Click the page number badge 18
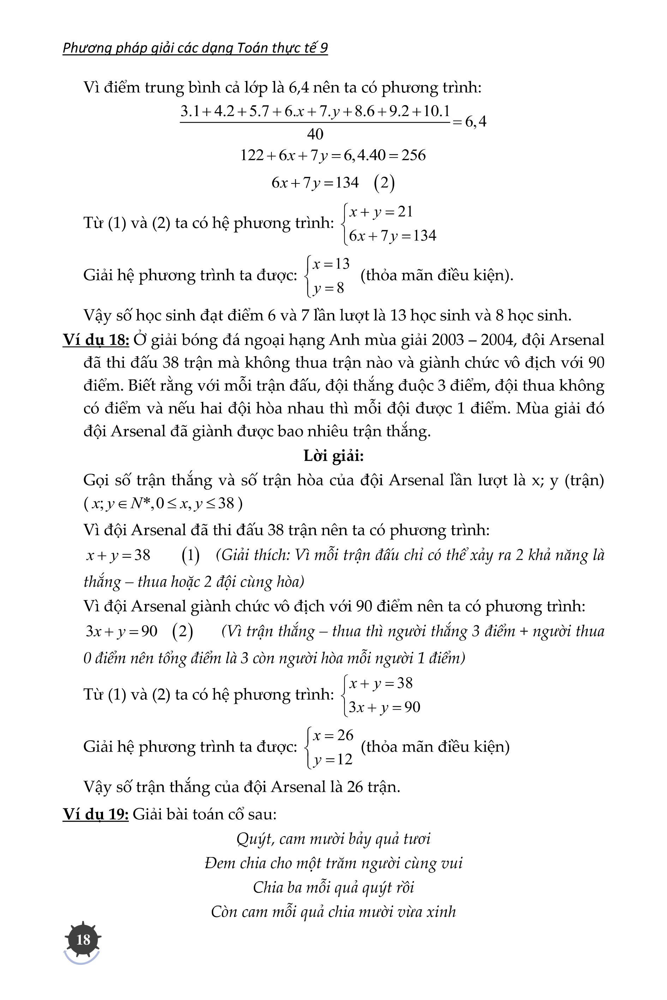click(83, 939)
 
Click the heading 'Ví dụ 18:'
click(96, 340)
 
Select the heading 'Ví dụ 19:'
click(96, 814)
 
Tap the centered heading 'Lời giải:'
click(333, 456)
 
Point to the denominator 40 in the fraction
click(315, 134)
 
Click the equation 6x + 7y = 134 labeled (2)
click(315, 183)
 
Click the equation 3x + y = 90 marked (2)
click(122, 631)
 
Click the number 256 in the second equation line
click(414, 155)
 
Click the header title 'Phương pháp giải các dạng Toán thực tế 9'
click(195, 48)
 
